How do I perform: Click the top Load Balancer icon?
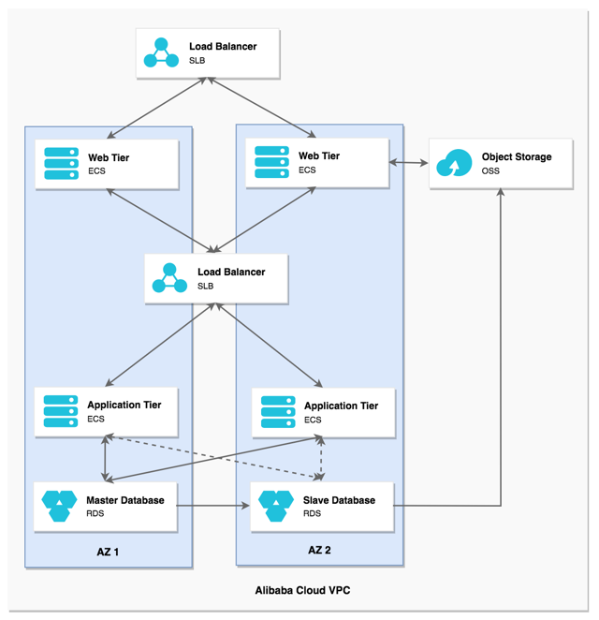pos(161,53)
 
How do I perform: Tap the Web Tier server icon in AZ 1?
pos(61,164)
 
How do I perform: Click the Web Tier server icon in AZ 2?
pos(272,162)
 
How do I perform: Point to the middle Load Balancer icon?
pos(169,278)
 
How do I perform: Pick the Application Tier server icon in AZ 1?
pos(61,411)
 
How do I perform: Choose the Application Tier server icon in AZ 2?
pos(278,412)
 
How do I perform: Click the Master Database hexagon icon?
pos(59,507)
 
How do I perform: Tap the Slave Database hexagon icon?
pos(276,507)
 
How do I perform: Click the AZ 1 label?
pos(108,552)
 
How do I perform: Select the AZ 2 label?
pos(319,550)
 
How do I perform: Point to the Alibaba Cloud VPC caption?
pos(302,591)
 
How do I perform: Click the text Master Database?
pos(124,500)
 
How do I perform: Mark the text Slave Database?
pos(339,500)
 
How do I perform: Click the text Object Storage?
pos(517,156)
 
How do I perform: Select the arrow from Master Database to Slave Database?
pos(213,507)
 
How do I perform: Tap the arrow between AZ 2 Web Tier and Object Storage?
pos(409,164)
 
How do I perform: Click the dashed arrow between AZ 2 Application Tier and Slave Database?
pos(322,459)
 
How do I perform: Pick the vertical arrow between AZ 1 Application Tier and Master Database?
pos(105,459)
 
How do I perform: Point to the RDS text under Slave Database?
pos(312,514)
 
